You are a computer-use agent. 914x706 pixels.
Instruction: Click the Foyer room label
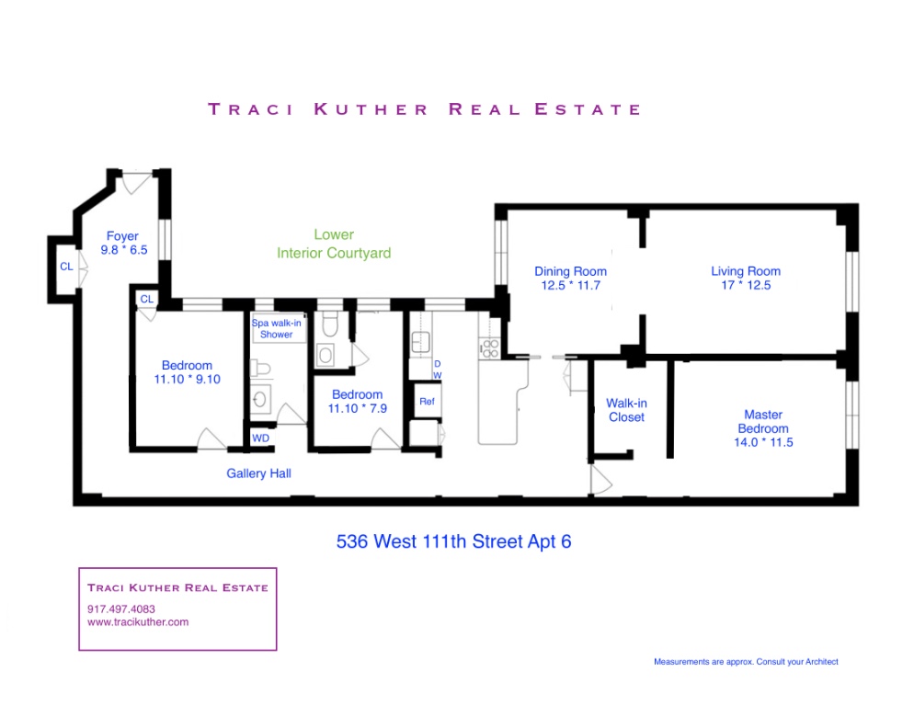coord(122,235)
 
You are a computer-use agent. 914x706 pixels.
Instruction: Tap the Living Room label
coord(745,271)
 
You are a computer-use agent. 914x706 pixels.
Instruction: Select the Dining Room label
coord(570,271)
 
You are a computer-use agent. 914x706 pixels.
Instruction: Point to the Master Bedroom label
coord(763,416)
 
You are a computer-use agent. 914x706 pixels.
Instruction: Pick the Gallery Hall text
coord(259,473)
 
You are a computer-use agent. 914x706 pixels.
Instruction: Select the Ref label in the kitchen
coord(427,402)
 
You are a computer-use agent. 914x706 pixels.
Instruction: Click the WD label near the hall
coord(261,438)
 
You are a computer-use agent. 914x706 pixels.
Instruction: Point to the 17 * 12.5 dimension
coord(745,285)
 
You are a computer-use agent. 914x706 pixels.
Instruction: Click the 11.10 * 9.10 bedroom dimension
coord(187,379)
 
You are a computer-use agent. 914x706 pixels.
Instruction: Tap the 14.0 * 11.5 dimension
coord(763,442)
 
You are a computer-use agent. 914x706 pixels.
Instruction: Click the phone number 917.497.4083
coord(121,609)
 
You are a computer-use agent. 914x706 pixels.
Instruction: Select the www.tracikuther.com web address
coord(138,622)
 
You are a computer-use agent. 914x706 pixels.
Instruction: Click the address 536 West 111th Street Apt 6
coord(453,541)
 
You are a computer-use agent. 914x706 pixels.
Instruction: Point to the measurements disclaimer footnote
coord(746,662)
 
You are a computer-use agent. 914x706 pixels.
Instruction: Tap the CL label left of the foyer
coord(66,267)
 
